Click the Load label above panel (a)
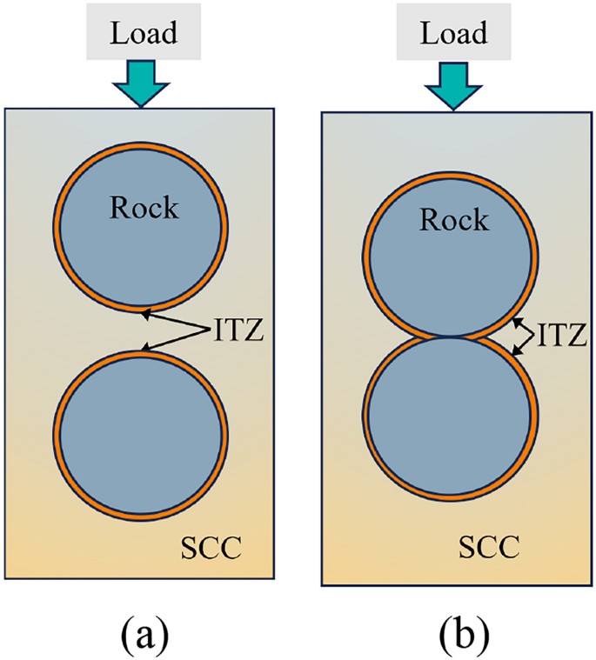143,33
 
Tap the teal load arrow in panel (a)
142,83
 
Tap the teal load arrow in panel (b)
452,85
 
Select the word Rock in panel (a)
144,208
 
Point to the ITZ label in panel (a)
236,330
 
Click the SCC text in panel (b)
489,548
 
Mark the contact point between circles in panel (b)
451,336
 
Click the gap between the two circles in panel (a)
141,330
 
